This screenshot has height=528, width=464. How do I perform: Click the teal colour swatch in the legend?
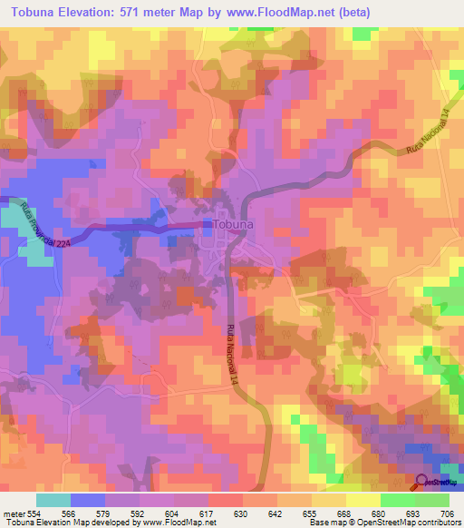(53, 500)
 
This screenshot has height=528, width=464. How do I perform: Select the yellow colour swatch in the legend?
(362, 500)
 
